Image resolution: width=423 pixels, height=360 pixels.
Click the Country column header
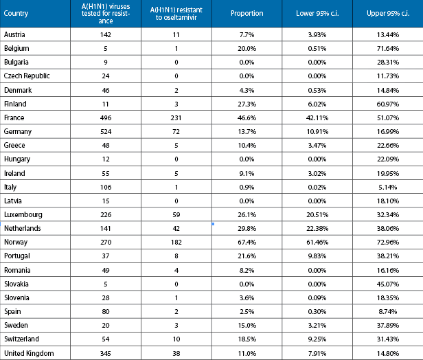pyautogui.click(x=16, y=14)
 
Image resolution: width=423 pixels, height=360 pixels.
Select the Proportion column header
pyautogui.click(x=247, y=13)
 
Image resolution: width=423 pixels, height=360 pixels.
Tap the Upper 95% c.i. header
pyautogui.click(x=388, y=13)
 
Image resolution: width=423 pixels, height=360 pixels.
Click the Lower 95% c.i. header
pyautogui.click(x=317, y=13)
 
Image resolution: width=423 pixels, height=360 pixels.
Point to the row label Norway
pyautogui.click(x=16, y=242)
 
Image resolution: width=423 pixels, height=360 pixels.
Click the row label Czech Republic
pyautogui.click(x=27, y=76)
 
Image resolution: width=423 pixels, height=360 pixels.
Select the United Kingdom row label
pyautogui.click(x=29, y=353)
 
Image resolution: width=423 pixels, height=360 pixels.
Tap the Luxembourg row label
pyautogui.click(x=23, y=214)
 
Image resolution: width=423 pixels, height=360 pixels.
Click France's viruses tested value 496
pyautogui.click(x=106, y=118)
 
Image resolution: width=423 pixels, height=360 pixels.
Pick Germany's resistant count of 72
pyautogui.click(x=176, y=132)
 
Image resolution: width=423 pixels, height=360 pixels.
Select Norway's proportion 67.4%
pyautogui.click(x=247, y=243)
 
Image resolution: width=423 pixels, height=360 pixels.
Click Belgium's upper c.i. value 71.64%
pyautogui.click(x=388, y=49)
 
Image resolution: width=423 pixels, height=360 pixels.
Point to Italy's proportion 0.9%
pyautogui.click(x=247, y=188)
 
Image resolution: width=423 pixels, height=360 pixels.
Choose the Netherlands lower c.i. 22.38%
pyautogui.click(x=317, y=229)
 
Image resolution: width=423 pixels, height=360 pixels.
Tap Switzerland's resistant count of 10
pyautogui.click(x=176, y=339)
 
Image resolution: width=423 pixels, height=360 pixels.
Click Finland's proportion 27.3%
pyautogui.click(x=247, y=104)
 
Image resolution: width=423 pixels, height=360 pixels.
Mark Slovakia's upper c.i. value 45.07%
pyautogui.click(x=388, y=284)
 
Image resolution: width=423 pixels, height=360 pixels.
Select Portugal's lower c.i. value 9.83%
pyautogui.click(x=317, y=256)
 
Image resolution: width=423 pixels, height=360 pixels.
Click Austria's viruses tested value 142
pyautogui.click(x=106, y=35)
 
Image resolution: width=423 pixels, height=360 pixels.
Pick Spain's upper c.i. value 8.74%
pyautogui.click(x=388, y=312)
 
